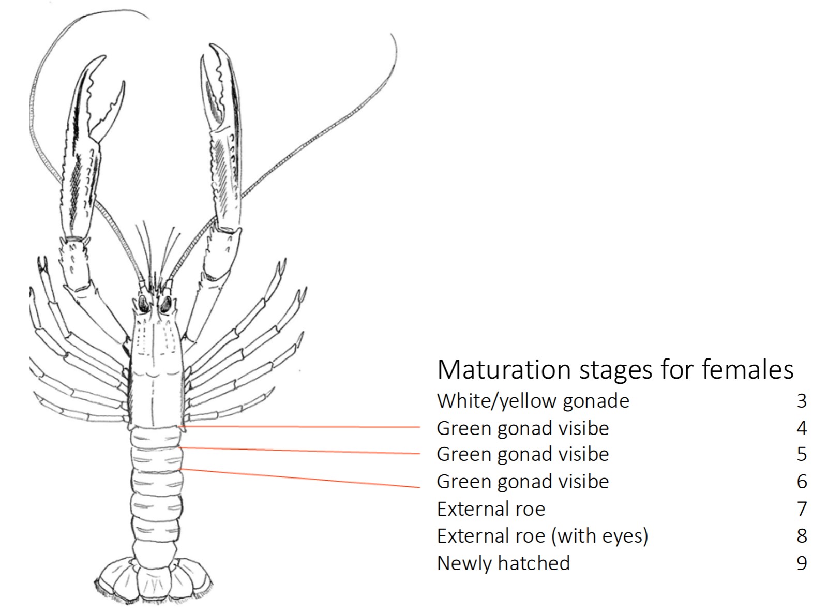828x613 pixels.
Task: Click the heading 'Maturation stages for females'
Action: point(615,370)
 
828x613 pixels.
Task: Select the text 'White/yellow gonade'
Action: point(533,401)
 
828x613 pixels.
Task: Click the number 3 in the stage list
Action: point(802,401)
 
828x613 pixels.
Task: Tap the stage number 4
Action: point(802,428)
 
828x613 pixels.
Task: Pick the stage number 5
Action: point(802,454)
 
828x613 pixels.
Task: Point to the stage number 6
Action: point(802,482)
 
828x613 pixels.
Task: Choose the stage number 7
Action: point(802,509)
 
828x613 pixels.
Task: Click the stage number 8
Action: point(802,536)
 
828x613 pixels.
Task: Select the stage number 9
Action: point(802,563)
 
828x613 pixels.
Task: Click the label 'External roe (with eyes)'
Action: point(542,536)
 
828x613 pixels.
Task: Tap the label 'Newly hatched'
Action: point(503,563)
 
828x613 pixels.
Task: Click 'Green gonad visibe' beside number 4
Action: point(522,428)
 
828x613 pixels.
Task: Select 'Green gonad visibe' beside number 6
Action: point(522,482)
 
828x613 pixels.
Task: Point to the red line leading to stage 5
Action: point(300,451)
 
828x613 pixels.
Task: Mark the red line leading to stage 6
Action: point(300,478)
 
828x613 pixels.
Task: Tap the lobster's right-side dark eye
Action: point(165,305)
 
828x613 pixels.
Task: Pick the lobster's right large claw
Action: point(223,140)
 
